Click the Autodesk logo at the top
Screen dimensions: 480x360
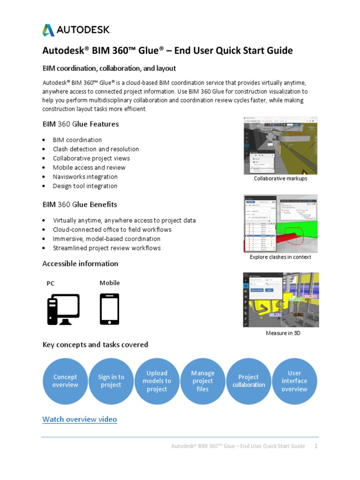tap(76, 30)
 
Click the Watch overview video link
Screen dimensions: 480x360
tap(80, 419)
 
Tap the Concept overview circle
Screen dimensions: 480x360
tap(65, 381)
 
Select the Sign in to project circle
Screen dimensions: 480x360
tap(111, 381)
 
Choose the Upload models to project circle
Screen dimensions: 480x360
tap(157, 381)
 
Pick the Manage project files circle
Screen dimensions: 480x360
tap(203, 381)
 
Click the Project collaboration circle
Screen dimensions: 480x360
tap(248, 381)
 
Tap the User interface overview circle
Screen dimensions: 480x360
tap(294, 381)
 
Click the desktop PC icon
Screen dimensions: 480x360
tap(63, 309)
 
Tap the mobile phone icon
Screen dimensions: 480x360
tap(109, 309)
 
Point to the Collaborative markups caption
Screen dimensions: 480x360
tap(280, 179)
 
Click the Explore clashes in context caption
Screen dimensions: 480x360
tap(280, 257)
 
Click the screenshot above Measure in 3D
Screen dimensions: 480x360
tap(280, 300)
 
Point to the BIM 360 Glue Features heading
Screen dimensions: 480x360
tap(81, 124)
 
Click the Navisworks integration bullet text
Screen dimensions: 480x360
tap(85, 177)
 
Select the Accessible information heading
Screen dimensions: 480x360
tap(80, 263)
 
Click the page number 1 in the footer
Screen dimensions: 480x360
tap(316, 446)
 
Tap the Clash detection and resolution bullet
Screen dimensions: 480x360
tap(96, 149)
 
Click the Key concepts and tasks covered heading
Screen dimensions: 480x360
tap(95, 345)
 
